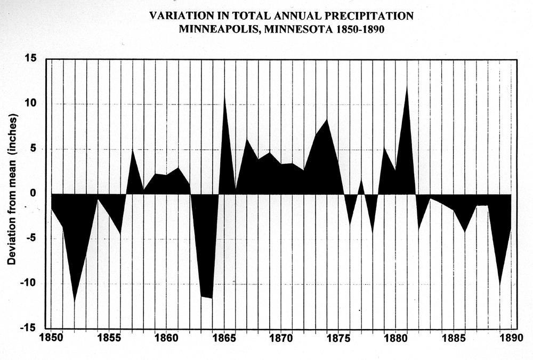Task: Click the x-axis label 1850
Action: (51, 338)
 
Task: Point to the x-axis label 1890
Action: (511, 338)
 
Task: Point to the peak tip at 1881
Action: (407, 85)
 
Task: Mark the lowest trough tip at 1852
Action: (75, 302)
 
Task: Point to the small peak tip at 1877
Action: (361, 179)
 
